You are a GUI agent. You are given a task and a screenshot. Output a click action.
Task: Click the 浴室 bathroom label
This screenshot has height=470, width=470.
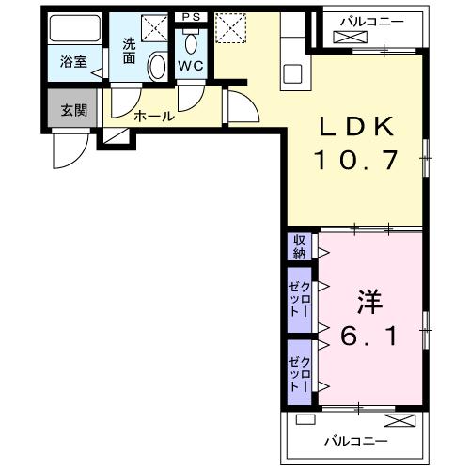click(72, 62)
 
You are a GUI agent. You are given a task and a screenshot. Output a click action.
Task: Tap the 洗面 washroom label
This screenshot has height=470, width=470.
click(129, 50)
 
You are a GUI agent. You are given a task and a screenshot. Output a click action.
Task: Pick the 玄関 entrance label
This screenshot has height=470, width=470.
click(73, 110)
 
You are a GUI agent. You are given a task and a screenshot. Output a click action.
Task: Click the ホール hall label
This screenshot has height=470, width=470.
click(153, 117)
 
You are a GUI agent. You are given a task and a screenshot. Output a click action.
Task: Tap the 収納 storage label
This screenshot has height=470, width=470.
click(299, 246)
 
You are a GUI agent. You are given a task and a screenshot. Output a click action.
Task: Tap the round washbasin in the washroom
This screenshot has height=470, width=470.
click(158, 66)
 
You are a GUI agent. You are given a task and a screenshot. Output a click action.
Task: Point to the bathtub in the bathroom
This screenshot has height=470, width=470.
click(73, 33)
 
